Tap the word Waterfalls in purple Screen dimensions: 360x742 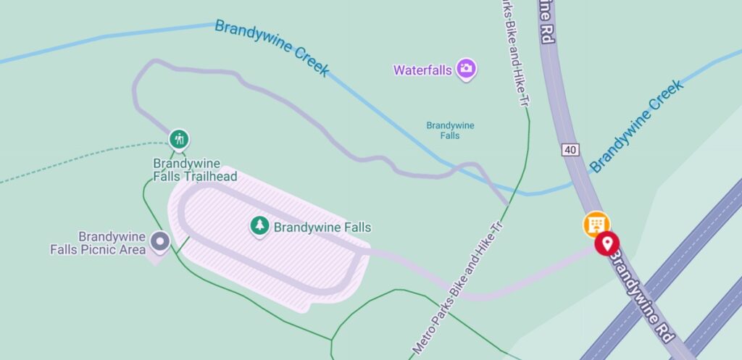(422, 70)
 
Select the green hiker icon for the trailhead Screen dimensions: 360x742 (179, 138)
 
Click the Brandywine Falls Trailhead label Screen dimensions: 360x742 (186, 170)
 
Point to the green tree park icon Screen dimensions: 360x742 (259, 226)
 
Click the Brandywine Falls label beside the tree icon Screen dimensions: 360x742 (322, 227)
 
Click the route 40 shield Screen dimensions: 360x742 (570, 150)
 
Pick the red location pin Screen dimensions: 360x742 (606, 243)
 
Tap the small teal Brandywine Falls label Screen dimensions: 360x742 (450, 130)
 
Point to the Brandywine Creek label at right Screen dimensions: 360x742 (637, 125)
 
